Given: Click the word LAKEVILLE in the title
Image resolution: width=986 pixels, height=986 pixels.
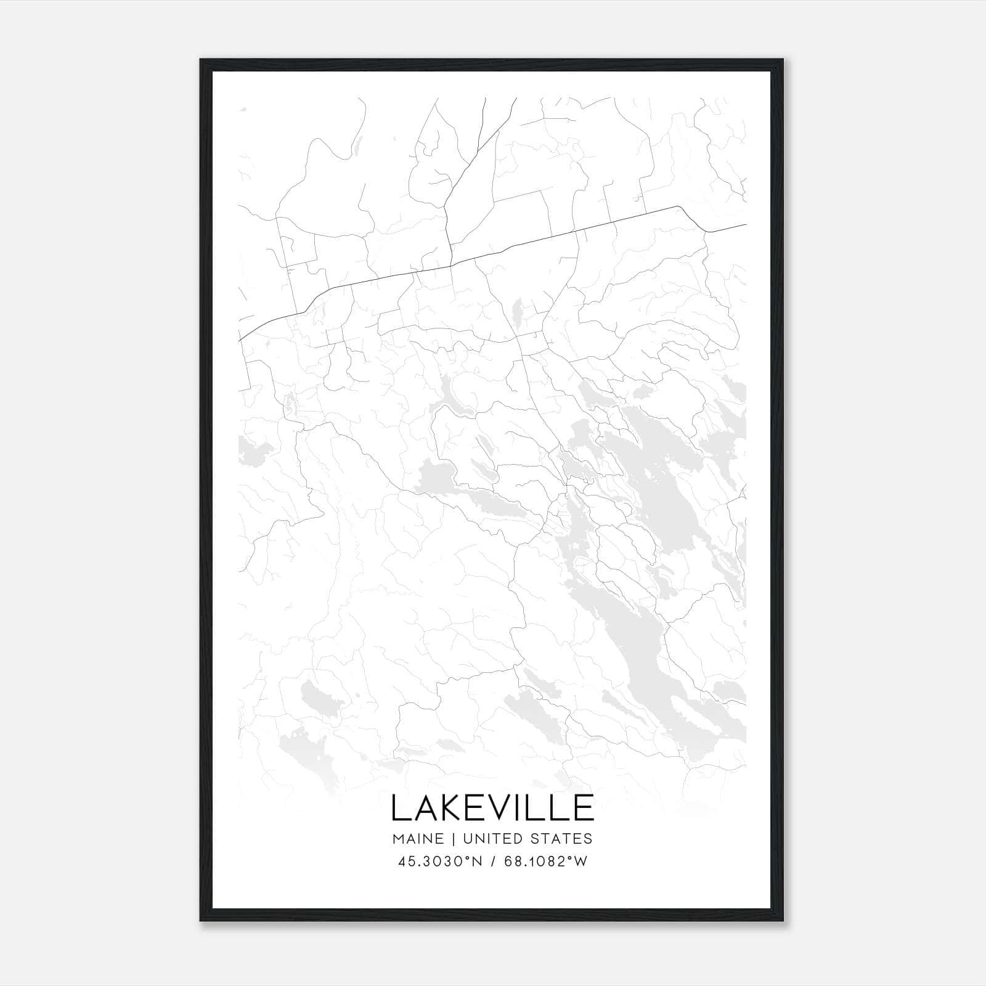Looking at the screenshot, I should [x=492, y=808].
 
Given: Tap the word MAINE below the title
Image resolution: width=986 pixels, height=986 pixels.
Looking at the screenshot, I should [x=417, y=839].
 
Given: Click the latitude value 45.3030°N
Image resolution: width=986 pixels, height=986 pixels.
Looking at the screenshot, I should [x=438, y=862].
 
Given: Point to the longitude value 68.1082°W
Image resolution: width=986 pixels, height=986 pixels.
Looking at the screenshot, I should [x=547, y=862].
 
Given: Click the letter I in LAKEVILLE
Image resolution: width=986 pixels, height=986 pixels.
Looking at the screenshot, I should [x=531, y=808].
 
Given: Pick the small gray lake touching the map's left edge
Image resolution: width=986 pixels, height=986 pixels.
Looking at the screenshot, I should [x=250, y=448].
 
